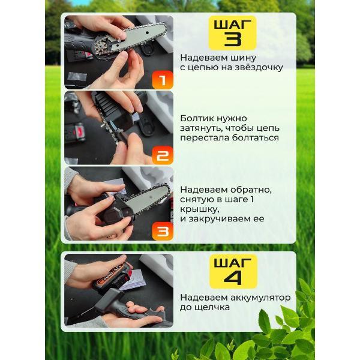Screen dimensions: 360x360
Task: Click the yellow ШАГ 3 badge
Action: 232,33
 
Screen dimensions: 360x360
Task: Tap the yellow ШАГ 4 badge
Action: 233,271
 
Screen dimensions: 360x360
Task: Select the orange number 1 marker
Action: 163,80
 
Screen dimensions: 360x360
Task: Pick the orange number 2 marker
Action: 163,155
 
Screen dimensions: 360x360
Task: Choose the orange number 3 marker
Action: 163,231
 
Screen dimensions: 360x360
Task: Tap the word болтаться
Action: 255,138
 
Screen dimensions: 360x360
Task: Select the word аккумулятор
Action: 260,298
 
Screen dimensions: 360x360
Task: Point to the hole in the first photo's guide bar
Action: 146,31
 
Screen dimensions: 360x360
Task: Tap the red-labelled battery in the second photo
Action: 76,133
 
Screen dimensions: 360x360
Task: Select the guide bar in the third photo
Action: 147,199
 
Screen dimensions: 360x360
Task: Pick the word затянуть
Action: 201,128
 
